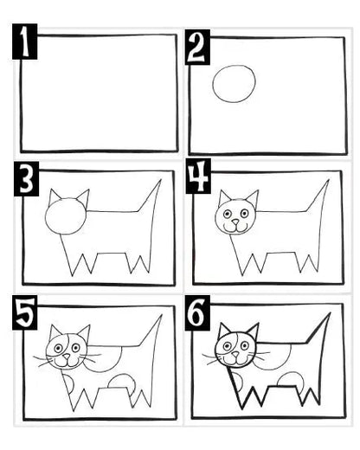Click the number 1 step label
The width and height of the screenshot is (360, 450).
[x=25, y=42]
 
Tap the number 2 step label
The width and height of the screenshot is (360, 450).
[x=197, y=47]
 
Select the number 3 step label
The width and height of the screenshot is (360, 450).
[x=26, y=179]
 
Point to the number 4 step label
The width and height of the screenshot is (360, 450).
[x=198, y=176]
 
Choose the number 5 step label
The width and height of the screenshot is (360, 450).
[x=25, y=312]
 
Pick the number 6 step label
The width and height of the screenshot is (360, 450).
[x=197, y=312]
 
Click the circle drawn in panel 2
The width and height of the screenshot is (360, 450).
[x=234, y=84]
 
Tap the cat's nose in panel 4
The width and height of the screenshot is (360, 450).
[x=236, y=222]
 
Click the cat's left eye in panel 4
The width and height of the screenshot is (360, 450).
[x=227, y=214]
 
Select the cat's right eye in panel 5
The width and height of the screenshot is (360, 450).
[x=76, y=348]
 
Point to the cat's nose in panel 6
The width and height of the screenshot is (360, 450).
[x=236, y=354]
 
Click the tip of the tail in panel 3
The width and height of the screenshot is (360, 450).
[x=161, y=180]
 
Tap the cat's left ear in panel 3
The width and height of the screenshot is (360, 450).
[x=55, y=196]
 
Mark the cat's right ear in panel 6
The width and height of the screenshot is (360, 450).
[x=254, y=331]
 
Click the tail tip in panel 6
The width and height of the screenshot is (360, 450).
[x=330, y=313]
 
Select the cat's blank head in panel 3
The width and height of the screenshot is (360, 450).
[x=66, y=215]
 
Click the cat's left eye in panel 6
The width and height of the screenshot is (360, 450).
[x=227, y=345]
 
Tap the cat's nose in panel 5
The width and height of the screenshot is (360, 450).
[x=67, y=357]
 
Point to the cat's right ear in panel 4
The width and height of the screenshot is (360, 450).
[x=253, y=198]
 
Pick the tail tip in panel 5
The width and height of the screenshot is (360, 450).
[x=162, y=315]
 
